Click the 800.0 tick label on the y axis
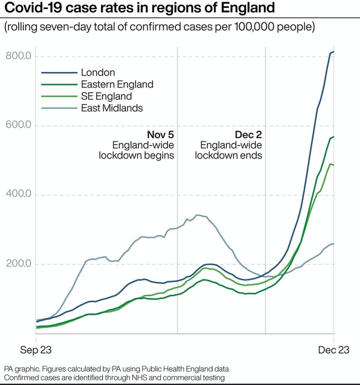18,56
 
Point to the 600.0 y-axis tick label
18,125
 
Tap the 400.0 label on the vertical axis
18,194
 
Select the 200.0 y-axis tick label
18,264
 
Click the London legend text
98,73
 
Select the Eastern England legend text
117,84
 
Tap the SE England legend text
106,96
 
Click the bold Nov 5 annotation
160,135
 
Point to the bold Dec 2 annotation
248,135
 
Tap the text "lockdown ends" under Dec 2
229,156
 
